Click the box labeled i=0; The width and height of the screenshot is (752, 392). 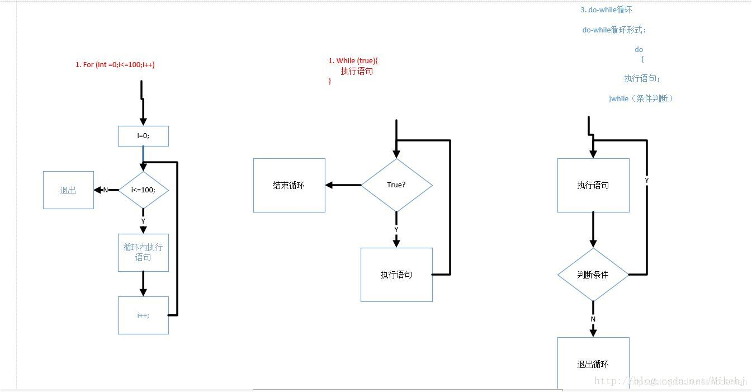pyautogui.click(x=143, y=136)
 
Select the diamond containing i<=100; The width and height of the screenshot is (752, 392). pyautogui.click(x=143, y=190)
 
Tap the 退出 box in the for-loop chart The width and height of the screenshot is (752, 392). pyautogui.click(x=68, y=190)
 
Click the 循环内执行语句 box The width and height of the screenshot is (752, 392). pyautogui.click(x=143, y=252)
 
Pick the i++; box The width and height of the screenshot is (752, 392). pyautogui.click(x=143, y=315)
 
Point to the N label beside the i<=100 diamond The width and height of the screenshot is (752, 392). pyautogui.click(x=106, y=190)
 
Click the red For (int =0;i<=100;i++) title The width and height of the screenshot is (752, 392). pyautogui.click(x=115, y=65)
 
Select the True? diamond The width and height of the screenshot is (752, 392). pyautogui.click(x=396, y=185)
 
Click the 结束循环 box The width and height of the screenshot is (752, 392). pyautogui.click(x=289, y=185)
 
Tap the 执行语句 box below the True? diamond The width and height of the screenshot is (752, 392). pyautogui.click(x=396, y=275)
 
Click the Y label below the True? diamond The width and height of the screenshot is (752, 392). pyautogui.click(x=396, y=230)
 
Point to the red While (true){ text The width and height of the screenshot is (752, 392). pyautogui.click(x=357, y=61)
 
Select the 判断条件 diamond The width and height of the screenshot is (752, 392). pyautogui.click(x=593, y=275)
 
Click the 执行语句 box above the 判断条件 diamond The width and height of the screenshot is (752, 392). pyautogui.click(x=593, y=185)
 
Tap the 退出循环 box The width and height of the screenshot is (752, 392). pyautogui.click(x=593, y=363)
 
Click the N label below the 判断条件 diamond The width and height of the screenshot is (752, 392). pyautogui.click(x=593, y=319)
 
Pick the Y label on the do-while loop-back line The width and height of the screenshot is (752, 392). pyautogui.click(x=647, y=181)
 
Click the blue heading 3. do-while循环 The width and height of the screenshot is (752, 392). pyautogui.click(x=606, y=10)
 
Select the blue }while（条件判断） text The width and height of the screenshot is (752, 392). pyautogui.click(x=641, y=98)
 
